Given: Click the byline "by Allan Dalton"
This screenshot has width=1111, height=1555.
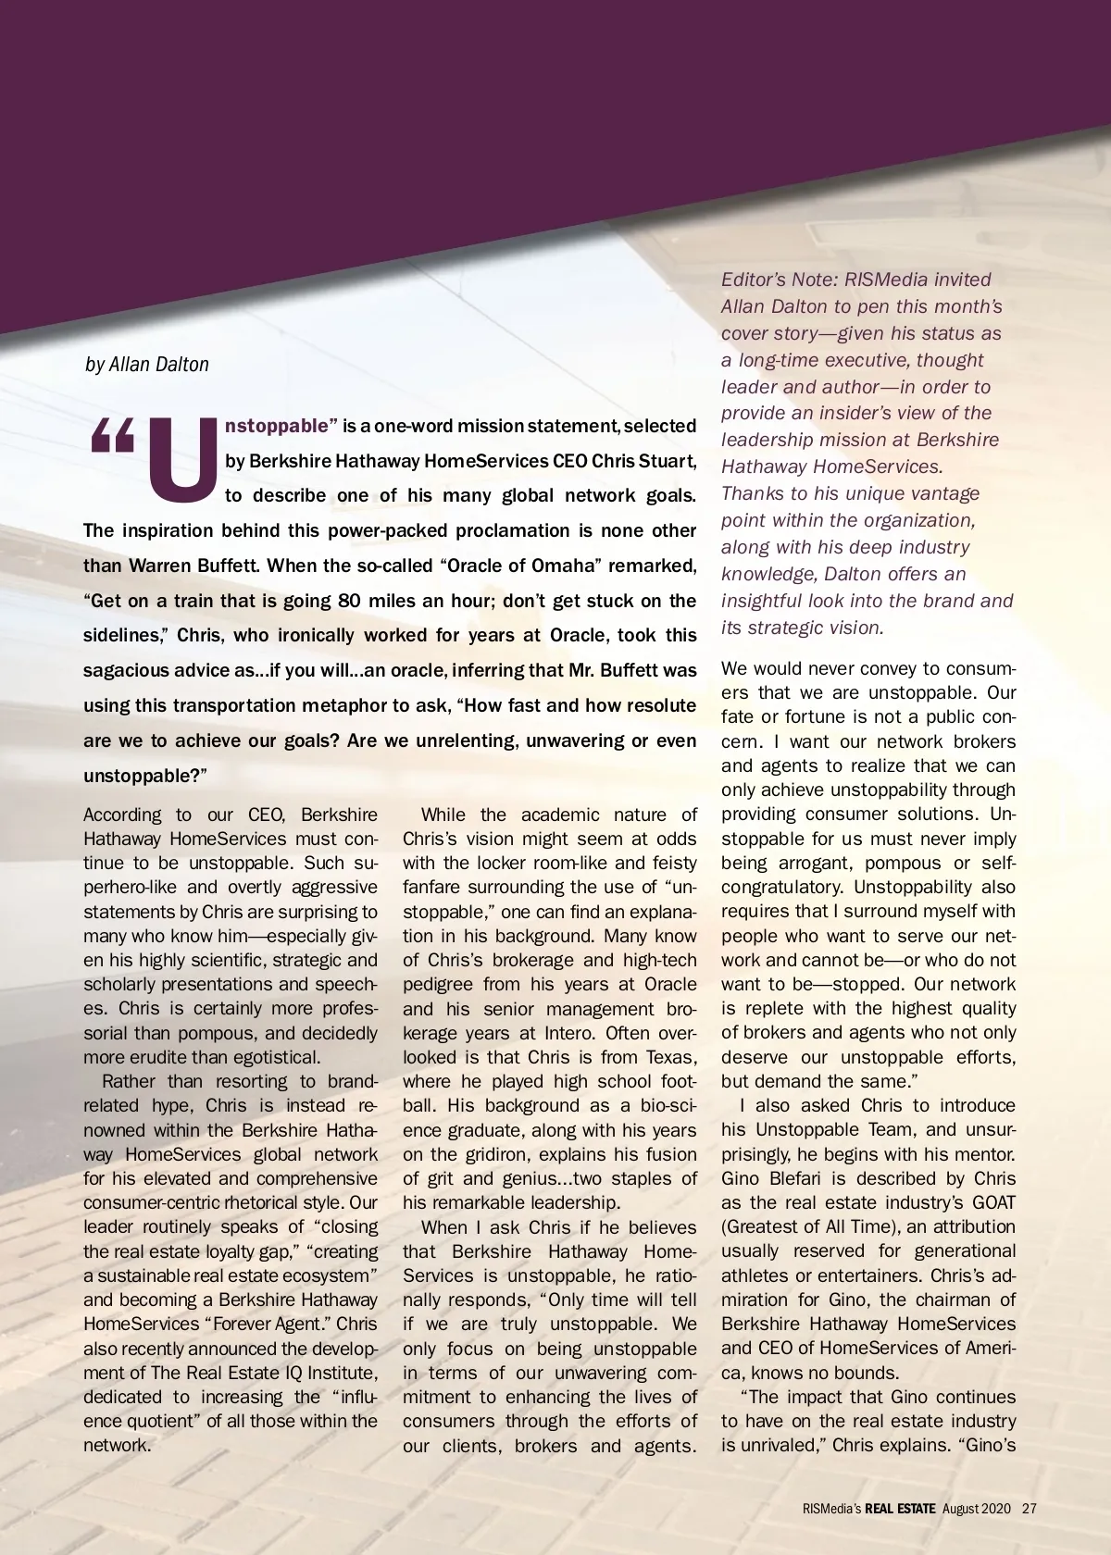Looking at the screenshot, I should coord(147,365).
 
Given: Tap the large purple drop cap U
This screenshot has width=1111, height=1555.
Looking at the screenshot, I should coord(183,460).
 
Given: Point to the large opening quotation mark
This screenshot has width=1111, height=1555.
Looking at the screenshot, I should coord(113,437).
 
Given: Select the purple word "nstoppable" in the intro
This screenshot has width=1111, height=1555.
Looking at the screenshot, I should coord(277,426).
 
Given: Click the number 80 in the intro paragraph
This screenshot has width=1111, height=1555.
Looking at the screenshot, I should coord(349,601).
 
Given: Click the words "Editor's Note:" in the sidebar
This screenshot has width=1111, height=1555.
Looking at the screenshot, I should coord(779,280).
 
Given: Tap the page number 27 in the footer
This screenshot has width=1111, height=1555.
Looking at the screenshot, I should coord(1030,1508).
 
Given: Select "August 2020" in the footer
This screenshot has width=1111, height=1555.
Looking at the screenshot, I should coord(977,1508).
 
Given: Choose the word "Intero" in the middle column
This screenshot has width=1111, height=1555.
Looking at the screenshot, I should coord(569,1033).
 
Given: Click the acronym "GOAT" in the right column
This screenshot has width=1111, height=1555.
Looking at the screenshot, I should coord(993,1202).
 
